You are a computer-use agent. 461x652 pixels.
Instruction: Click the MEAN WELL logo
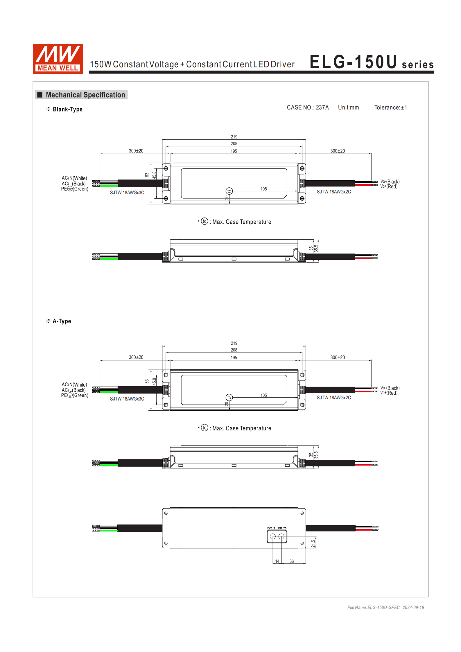tap(58, 58)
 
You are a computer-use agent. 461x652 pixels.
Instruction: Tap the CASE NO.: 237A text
tap(308, 107)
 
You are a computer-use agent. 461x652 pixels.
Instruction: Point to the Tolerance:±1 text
tap(390, 107)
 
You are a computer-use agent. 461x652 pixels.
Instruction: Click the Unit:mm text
tap(348, 107)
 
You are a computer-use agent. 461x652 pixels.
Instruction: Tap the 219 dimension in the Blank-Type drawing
tap(234, 137)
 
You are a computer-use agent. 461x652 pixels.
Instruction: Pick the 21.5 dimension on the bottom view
tap(313, 544)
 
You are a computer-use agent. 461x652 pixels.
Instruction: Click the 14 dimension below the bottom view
tap(277, 561)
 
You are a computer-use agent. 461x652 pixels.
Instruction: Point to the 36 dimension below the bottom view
tap(291, 561)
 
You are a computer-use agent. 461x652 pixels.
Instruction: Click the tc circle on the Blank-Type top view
tap(229, 191)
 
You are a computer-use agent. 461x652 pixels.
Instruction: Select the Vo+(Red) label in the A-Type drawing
tap(389, 393)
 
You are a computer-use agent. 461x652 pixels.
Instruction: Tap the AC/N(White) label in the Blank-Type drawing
tap(74, 178)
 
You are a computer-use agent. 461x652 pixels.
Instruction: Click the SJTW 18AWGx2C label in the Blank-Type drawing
tap(334, 192)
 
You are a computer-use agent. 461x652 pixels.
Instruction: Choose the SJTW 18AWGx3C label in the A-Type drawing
tap(127, 399)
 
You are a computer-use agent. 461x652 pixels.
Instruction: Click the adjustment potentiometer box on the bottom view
tap(277, 536)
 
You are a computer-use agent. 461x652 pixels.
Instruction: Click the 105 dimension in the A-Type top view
tap(263, 395)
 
